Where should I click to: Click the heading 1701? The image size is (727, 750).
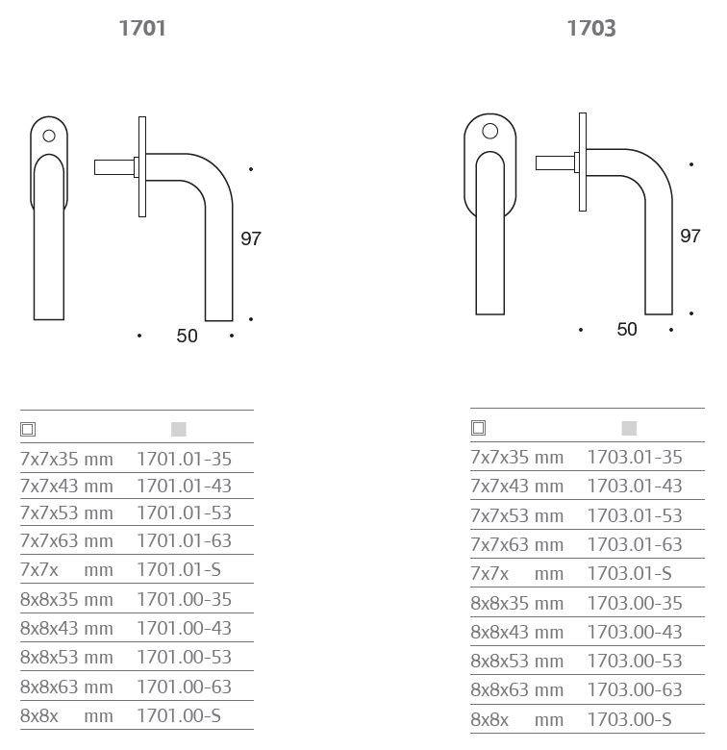click(x=142, y=28)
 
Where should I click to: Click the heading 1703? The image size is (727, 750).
click(x=591, y=28)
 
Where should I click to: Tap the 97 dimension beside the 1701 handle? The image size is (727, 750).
click(x=251, y=238)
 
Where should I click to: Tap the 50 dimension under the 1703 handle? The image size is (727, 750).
click(x=627, y=329)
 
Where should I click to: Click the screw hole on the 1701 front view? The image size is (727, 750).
click(x=49, y=136)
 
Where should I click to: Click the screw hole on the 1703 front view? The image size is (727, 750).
click(x=489, y=131)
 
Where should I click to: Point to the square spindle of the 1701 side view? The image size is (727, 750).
click(x=114, y=167)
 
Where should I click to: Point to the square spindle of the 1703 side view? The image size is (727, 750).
click(x=555, y=162)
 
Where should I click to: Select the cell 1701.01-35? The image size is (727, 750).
click(x=184, y=459)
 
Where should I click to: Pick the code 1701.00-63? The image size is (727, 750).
click(x=184, y=687)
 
